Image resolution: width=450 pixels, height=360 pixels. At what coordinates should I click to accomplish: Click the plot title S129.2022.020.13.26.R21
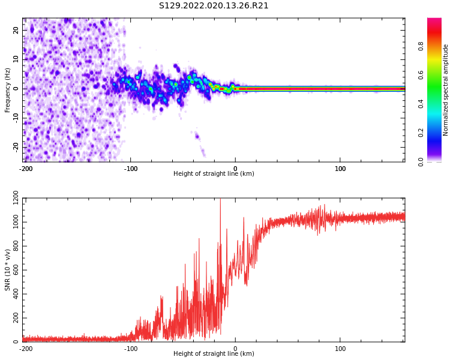(x=214, y=6)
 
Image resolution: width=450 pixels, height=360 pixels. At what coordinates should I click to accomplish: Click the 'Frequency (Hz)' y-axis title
(x=8, y=89)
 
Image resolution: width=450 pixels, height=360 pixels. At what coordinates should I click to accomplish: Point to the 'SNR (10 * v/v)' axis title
(x=8, y=270)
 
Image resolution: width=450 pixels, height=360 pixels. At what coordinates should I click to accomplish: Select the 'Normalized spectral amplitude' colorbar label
(x=446, y=89)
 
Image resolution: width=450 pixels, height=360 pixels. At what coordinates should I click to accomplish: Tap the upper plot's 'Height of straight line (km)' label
(x=214, y=174)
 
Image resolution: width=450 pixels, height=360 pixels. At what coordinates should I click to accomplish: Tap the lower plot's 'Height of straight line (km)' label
(x=214, y=354)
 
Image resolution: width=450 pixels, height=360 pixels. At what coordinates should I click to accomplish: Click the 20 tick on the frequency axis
(x=16, y=31)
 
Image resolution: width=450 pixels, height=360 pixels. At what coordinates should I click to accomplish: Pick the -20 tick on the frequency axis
(x=14, y=146)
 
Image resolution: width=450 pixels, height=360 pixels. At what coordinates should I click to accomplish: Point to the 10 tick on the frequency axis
(x=16, y=59)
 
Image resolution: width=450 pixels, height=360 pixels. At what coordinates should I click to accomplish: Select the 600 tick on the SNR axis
(x=13, y=271)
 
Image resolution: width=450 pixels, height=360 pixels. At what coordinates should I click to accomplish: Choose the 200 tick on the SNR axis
(x=13, y=318)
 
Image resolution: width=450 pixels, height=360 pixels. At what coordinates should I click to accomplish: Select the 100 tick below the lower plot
(x=340, y=349)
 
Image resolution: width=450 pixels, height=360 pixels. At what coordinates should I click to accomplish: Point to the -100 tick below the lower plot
(x=130, y=349)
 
